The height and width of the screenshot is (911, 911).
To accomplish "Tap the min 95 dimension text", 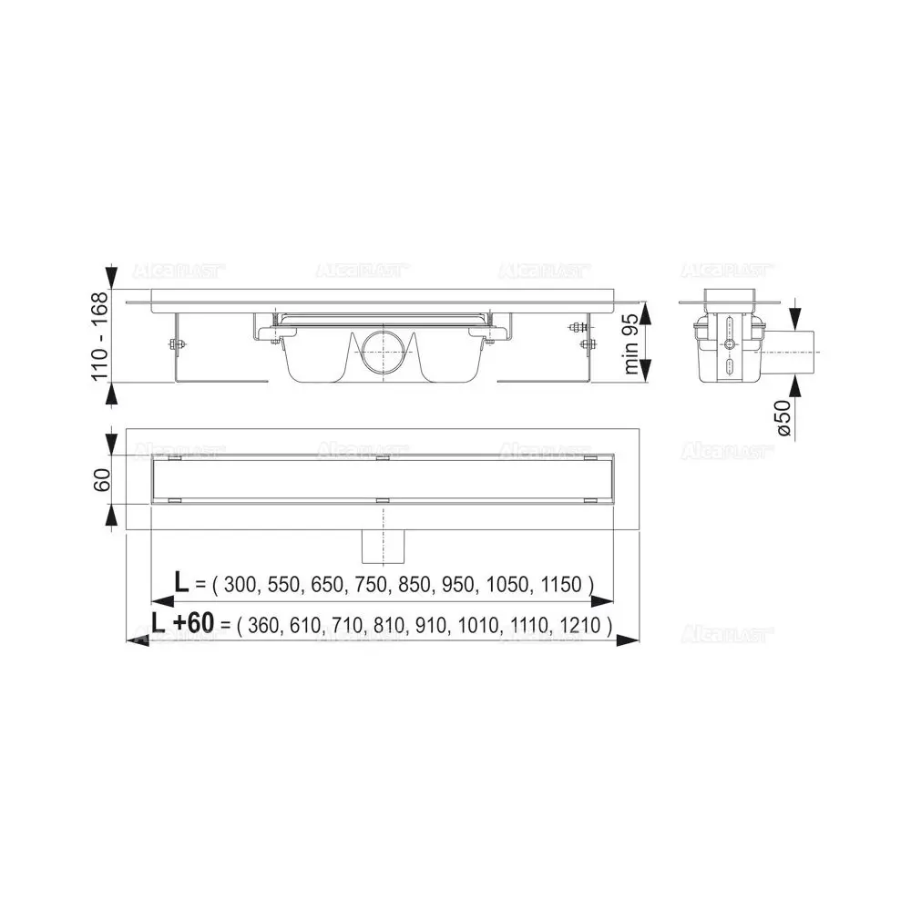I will (x=631, y=343).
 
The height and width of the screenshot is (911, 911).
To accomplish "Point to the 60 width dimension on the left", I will (x=101, y=478).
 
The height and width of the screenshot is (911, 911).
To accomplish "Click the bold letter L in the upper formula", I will (x=182, y=583).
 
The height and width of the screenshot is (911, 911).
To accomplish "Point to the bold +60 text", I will (x=193, y=623).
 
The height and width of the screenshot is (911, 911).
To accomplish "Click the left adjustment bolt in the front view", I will (x=175, y=343).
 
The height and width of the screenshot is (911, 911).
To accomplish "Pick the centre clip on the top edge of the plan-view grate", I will (x=381, y=458).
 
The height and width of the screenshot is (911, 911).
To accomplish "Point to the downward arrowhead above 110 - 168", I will (x=112, y=276).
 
